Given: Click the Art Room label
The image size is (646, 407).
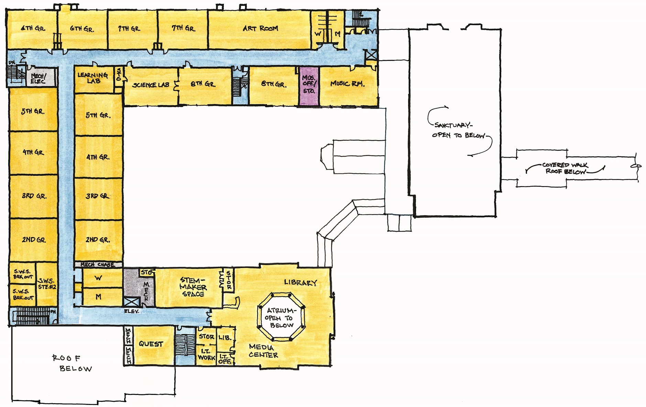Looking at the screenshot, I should (260, 29).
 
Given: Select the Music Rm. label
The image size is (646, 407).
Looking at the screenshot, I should (347, 84).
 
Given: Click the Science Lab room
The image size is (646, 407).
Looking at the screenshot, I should (151, 85).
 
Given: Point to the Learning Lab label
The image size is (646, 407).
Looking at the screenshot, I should (93, 78).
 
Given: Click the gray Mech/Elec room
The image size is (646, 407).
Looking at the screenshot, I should (39, 78).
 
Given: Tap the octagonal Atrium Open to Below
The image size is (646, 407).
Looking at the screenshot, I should (281, 318).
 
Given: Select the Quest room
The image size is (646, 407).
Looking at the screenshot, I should (151, 344).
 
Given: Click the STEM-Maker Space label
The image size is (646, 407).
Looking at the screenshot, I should (193, 287).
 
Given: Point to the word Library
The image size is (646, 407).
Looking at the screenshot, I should (300, 283).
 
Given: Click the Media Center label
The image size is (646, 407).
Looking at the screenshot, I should (263, 351).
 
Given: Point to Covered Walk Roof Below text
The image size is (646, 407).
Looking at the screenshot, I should (565, 168).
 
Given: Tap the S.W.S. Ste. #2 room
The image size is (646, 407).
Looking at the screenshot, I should (47, 284).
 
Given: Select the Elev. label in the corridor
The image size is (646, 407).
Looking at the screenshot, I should (131, 311).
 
